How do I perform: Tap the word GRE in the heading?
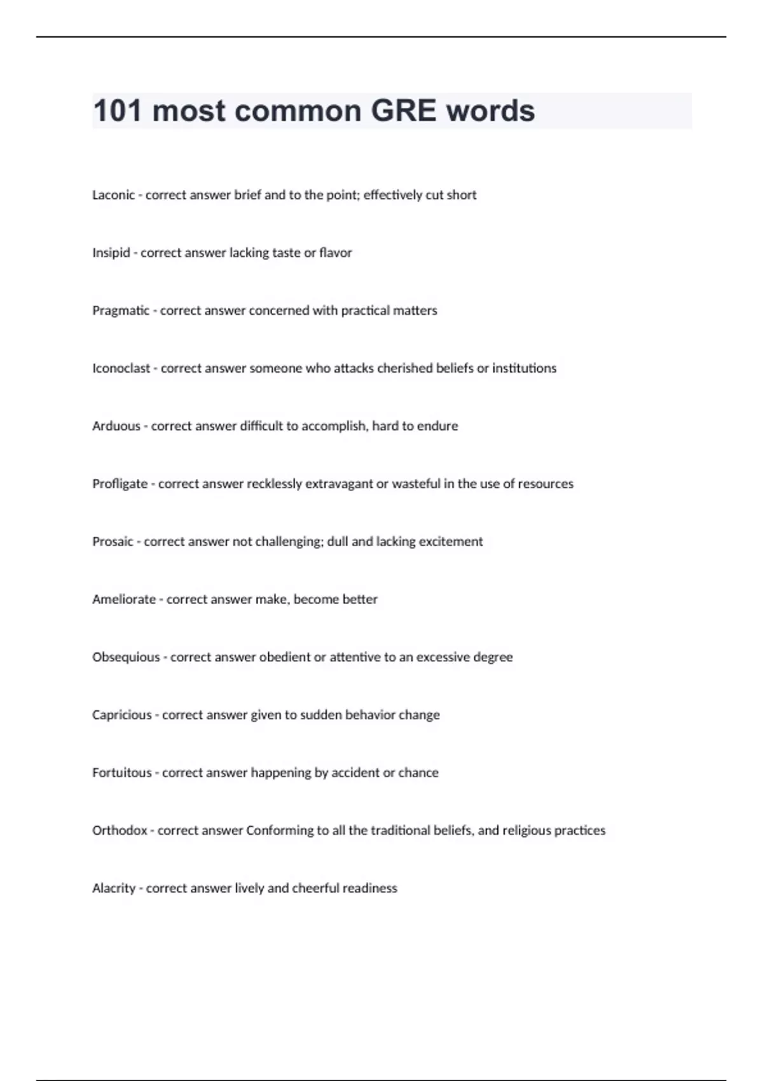tap(403, 111)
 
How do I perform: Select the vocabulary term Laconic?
tap(113, 195)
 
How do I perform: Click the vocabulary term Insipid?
tap(111, 253)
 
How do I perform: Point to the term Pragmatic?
tap(121, 311)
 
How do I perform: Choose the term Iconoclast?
tap(121, 368)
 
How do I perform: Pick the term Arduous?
tap(116, 426)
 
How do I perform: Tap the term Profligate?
tap(120, 484)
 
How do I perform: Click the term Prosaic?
tap(113, 542)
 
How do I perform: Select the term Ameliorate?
tap(123, 600)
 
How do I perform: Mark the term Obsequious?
tap(126, 658)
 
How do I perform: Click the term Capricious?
tap(121, 715)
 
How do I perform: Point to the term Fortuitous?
tap(121, 773)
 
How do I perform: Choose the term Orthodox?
tap(120, 830)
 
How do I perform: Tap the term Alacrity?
tap(114, 888)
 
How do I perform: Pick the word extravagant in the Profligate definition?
tap(339, 484)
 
